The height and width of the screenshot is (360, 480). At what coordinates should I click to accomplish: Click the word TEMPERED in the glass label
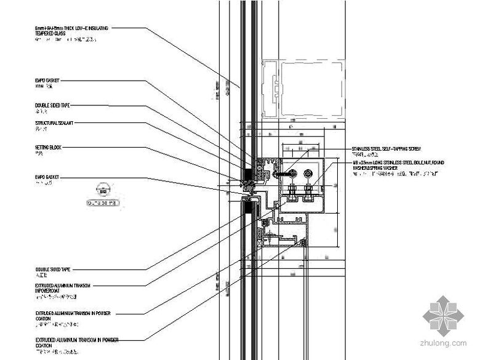45,33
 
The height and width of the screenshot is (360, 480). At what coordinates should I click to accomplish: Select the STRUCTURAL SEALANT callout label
55,123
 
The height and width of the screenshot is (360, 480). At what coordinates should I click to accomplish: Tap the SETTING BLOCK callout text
49,148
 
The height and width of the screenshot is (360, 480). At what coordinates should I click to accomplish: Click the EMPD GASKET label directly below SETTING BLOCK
49,177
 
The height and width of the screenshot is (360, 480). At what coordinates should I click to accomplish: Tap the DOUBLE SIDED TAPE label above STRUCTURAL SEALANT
52,105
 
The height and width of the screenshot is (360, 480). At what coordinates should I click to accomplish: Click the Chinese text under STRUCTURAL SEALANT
41,130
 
